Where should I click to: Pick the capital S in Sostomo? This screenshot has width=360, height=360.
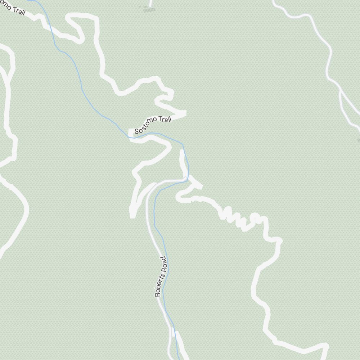click(136, 131)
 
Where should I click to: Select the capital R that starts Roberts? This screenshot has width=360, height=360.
click(157, 294)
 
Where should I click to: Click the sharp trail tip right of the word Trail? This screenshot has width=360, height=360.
click(185, 113)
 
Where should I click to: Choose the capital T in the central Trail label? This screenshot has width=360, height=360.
click(159, 121)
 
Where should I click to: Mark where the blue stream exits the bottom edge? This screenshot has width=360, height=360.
click(179, 359)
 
